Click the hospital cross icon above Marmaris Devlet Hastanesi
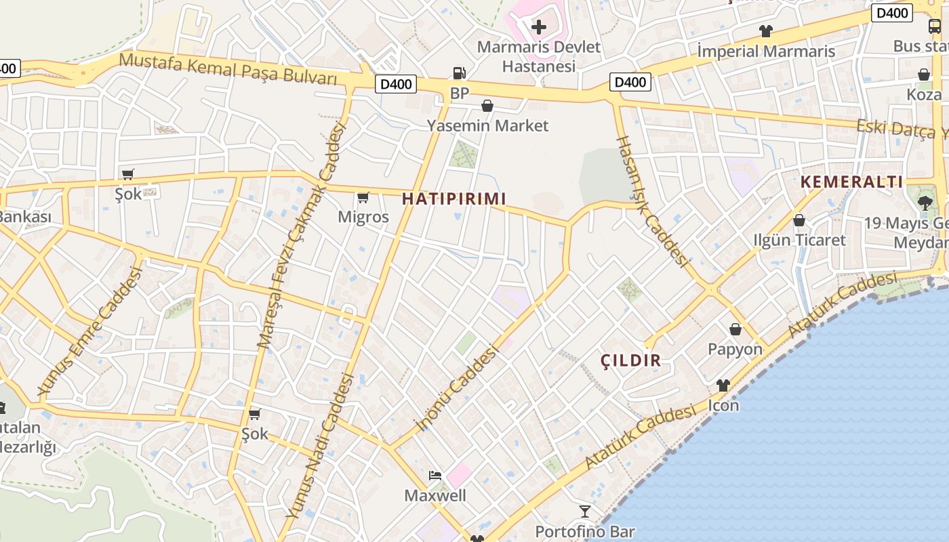click(x=539, y=27)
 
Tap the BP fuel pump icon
click(x=460, y=73)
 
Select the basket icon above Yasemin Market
click(x=487, y=106)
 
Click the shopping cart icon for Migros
click(x=363, y=198)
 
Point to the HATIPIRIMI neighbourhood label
click(x=454, y=199)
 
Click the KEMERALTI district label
click(x=852, y=182)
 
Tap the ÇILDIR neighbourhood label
click(x=630, y=360)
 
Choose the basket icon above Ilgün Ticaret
click(x=799, y=220)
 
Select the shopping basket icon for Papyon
click(x=735, y=330)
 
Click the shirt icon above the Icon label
click(x=723, y=385)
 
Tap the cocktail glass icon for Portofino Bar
click(x=585, y=512)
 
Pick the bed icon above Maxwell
click(x=435, y=475)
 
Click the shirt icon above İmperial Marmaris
click(x=766, y=31)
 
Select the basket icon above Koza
click(x=924, y=75)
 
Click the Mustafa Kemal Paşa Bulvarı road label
click(x=228, y=68)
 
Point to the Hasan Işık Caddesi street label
click(x=651, y=201)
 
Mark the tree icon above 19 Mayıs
click(x=925, y=203)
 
